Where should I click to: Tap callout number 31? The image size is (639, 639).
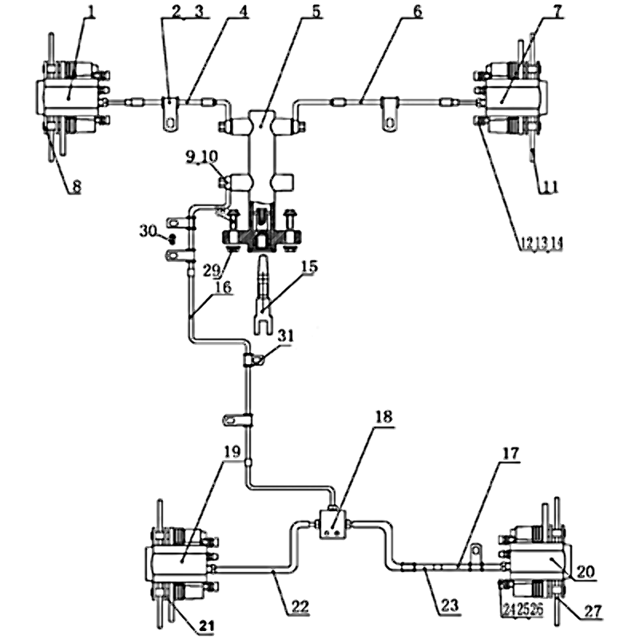coord(285,336)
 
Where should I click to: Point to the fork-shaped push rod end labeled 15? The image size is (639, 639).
coord(263,304)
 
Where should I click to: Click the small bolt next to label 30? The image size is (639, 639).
coord(170,238)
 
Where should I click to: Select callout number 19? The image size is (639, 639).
coord(230,451)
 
